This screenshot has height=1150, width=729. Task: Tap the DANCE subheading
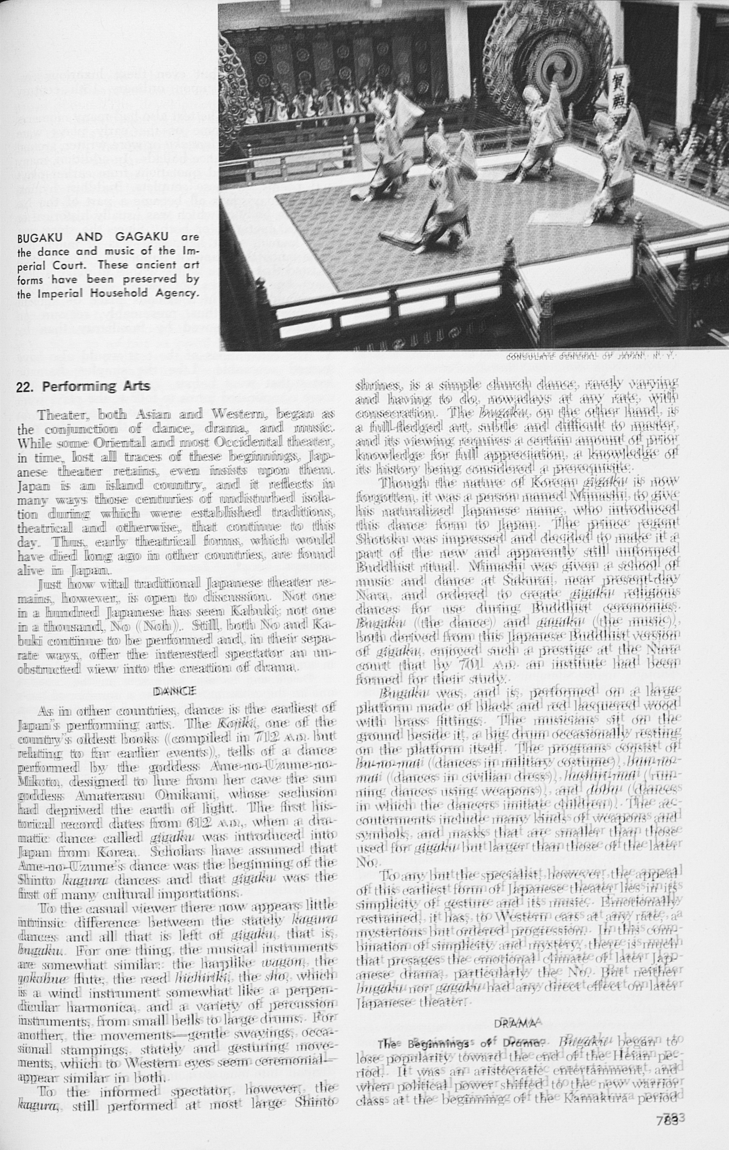[174, 691]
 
